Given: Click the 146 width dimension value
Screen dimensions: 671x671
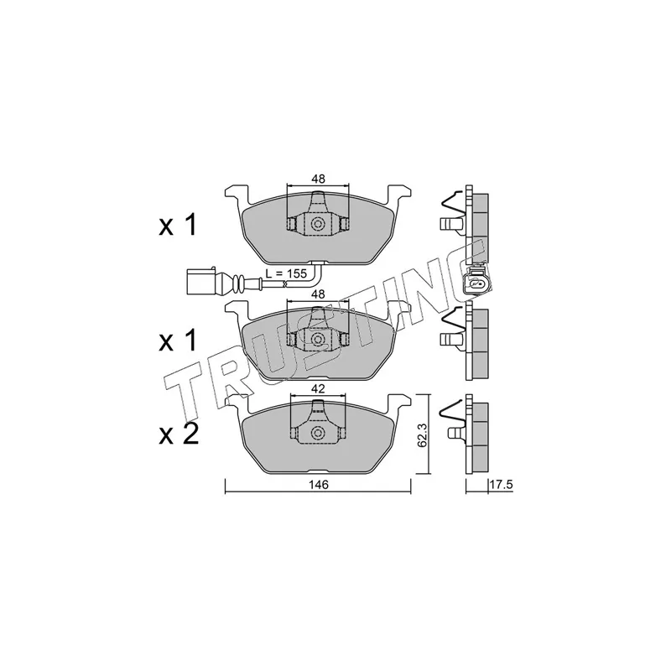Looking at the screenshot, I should pyautogui.click(x=317, y=485).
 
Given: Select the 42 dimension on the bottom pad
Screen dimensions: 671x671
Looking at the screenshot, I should pyautogui.click(x=317, y=389).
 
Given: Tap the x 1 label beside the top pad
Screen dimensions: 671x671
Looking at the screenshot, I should pyautogui.click(x=178, y=225).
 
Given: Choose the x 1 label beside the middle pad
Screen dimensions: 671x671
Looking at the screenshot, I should pyautogui.click(x=178, y=341).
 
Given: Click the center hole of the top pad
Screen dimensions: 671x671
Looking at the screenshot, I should pyautogui.click(x=318, y=224).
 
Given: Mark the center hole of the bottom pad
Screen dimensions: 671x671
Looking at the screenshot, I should pyautogui.click(x=318, y=434).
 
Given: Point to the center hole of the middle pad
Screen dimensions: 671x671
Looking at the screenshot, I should pyautogui.click(x=318, y=339).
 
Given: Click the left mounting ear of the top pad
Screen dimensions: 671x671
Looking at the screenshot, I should pyautogui.click(x=236, y=194).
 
